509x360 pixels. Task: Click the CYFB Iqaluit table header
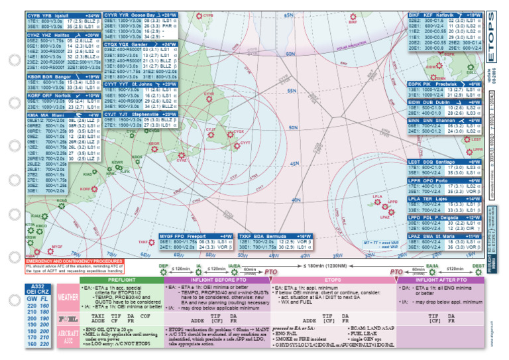[64, 14]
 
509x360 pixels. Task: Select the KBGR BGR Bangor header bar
[64, 77]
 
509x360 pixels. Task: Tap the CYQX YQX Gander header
[140, 44]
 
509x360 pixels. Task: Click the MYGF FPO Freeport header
[196, 236]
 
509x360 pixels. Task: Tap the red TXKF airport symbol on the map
[151, 242]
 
